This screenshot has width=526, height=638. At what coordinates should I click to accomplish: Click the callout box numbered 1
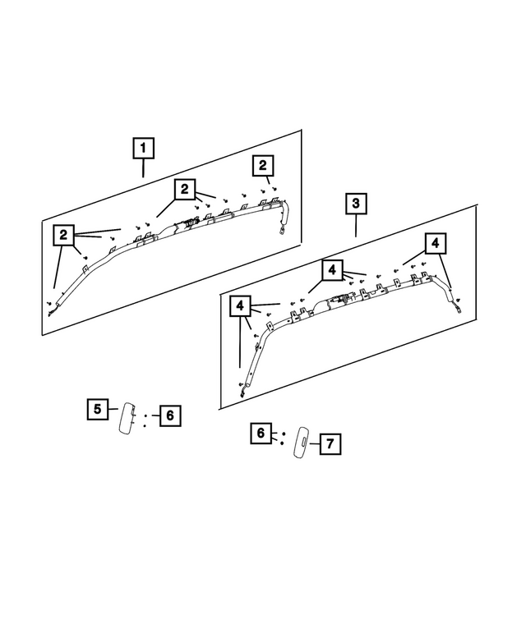coord(143,149)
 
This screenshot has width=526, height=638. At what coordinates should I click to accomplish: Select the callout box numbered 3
coord(355,203)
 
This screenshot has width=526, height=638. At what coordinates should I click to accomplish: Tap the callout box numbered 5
coord(97,408)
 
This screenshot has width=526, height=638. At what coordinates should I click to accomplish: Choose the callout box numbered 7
coord(329,444)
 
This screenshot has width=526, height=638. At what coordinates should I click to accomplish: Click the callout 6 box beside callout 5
coord(168,416)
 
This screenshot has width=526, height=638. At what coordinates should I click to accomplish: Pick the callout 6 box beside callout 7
coord(261,433)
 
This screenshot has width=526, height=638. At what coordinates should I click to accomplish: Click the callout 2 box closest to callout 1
coord(184,190)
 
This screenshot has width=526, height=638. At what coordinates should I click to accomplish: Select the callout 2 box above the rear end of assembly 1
coord(262,166)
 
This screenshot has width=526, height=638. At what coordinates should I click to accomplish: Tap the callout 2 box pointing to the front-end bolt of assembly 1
coord(63,235)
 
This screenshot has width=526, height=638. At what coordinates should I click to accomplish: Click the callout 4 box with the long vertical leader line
coord(239,306)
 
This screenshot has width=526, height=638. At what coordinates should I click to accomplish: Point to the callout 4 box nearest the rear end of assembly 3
coord(436,243)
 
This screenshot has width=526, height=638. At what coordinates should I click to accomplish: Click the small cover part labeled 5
coord(127,418)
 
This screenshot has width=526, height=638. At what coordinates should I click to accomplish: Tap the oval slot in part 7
coord(302,442)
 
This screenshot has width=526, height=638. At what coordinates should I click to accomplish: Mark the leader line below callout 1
coord(143,168)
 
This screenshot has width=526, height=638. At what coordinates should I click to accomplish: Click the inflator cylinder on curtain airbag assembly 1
coord(194,223)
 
